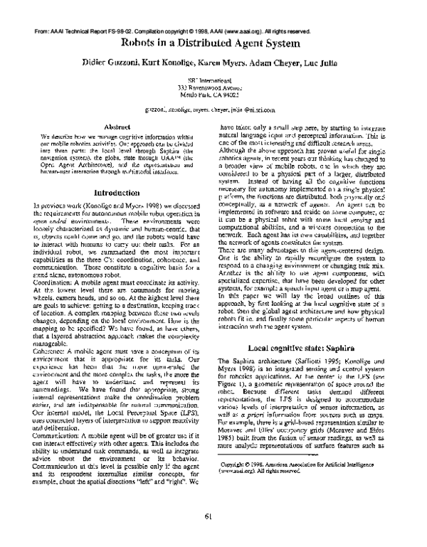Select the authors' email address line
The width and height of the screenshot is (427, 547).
[213, 111]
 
